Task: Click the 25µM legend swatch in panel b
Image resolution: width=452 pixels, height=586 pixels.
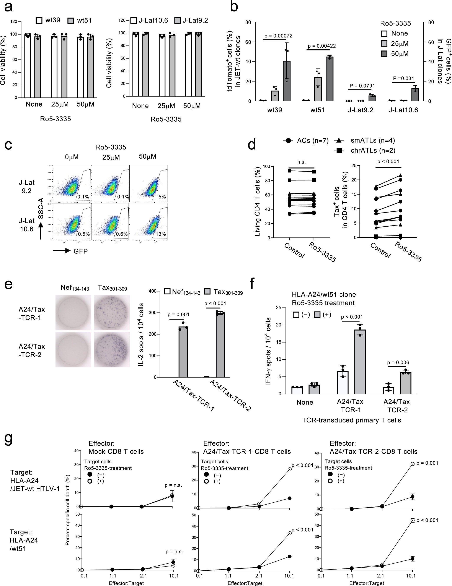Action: tap(384, 44)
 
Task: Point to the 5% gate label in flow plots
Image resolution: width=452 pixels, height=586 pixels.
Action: tap(162, 197)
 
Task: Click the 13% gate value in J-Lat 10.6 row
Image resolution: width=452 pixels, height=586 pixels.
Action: tap(161, 234)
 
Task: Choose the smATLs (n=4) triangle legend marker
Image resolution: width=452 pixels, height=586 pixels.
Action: tap(339, 140)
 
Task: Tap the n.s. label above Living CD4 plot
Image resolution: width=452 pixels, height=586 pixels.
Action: tap(302, 162)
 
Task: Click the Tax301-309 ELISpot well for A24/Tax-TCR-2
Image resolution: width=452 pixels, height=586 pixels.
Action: tap(112, 350)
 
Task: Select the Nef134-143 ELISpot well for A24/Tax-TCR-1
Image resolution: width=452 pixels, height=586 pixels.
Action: tap(73, 312)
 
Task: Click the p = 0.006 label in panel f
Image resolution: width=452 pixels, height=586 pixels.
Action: tap(398, 362)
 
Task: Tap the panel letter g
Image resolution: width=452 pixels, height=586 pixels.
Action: tap(9, 440)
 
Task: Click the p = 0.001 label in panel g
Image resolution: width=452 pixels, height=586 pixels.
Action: tap(427, 463)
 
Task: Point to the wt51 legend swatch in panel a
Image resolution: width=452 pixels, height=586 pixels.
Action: tap(71, 21)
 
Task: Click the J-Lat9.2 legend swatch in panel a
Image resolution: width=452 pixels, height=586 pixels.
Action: tap(178, 21)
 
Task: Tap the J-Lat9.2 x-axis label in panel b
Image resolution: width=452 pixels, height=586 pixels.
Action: tap(361, 110)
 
